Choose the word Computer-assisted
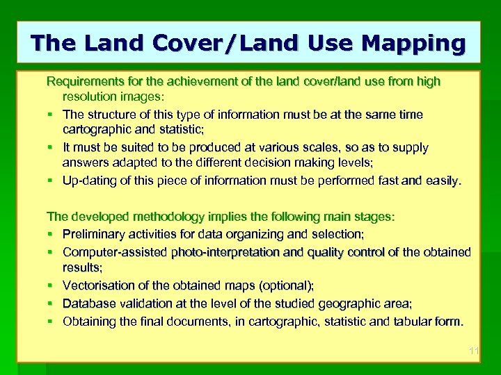tap(114, 251)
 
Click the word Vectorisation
tap(98, 285)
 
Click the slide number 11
tap(473, 351)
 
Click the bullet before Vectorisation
tap(50, 285)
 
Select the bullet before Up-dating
tap(50, 181)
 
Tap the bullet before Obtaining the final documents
tap(50, 321)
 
